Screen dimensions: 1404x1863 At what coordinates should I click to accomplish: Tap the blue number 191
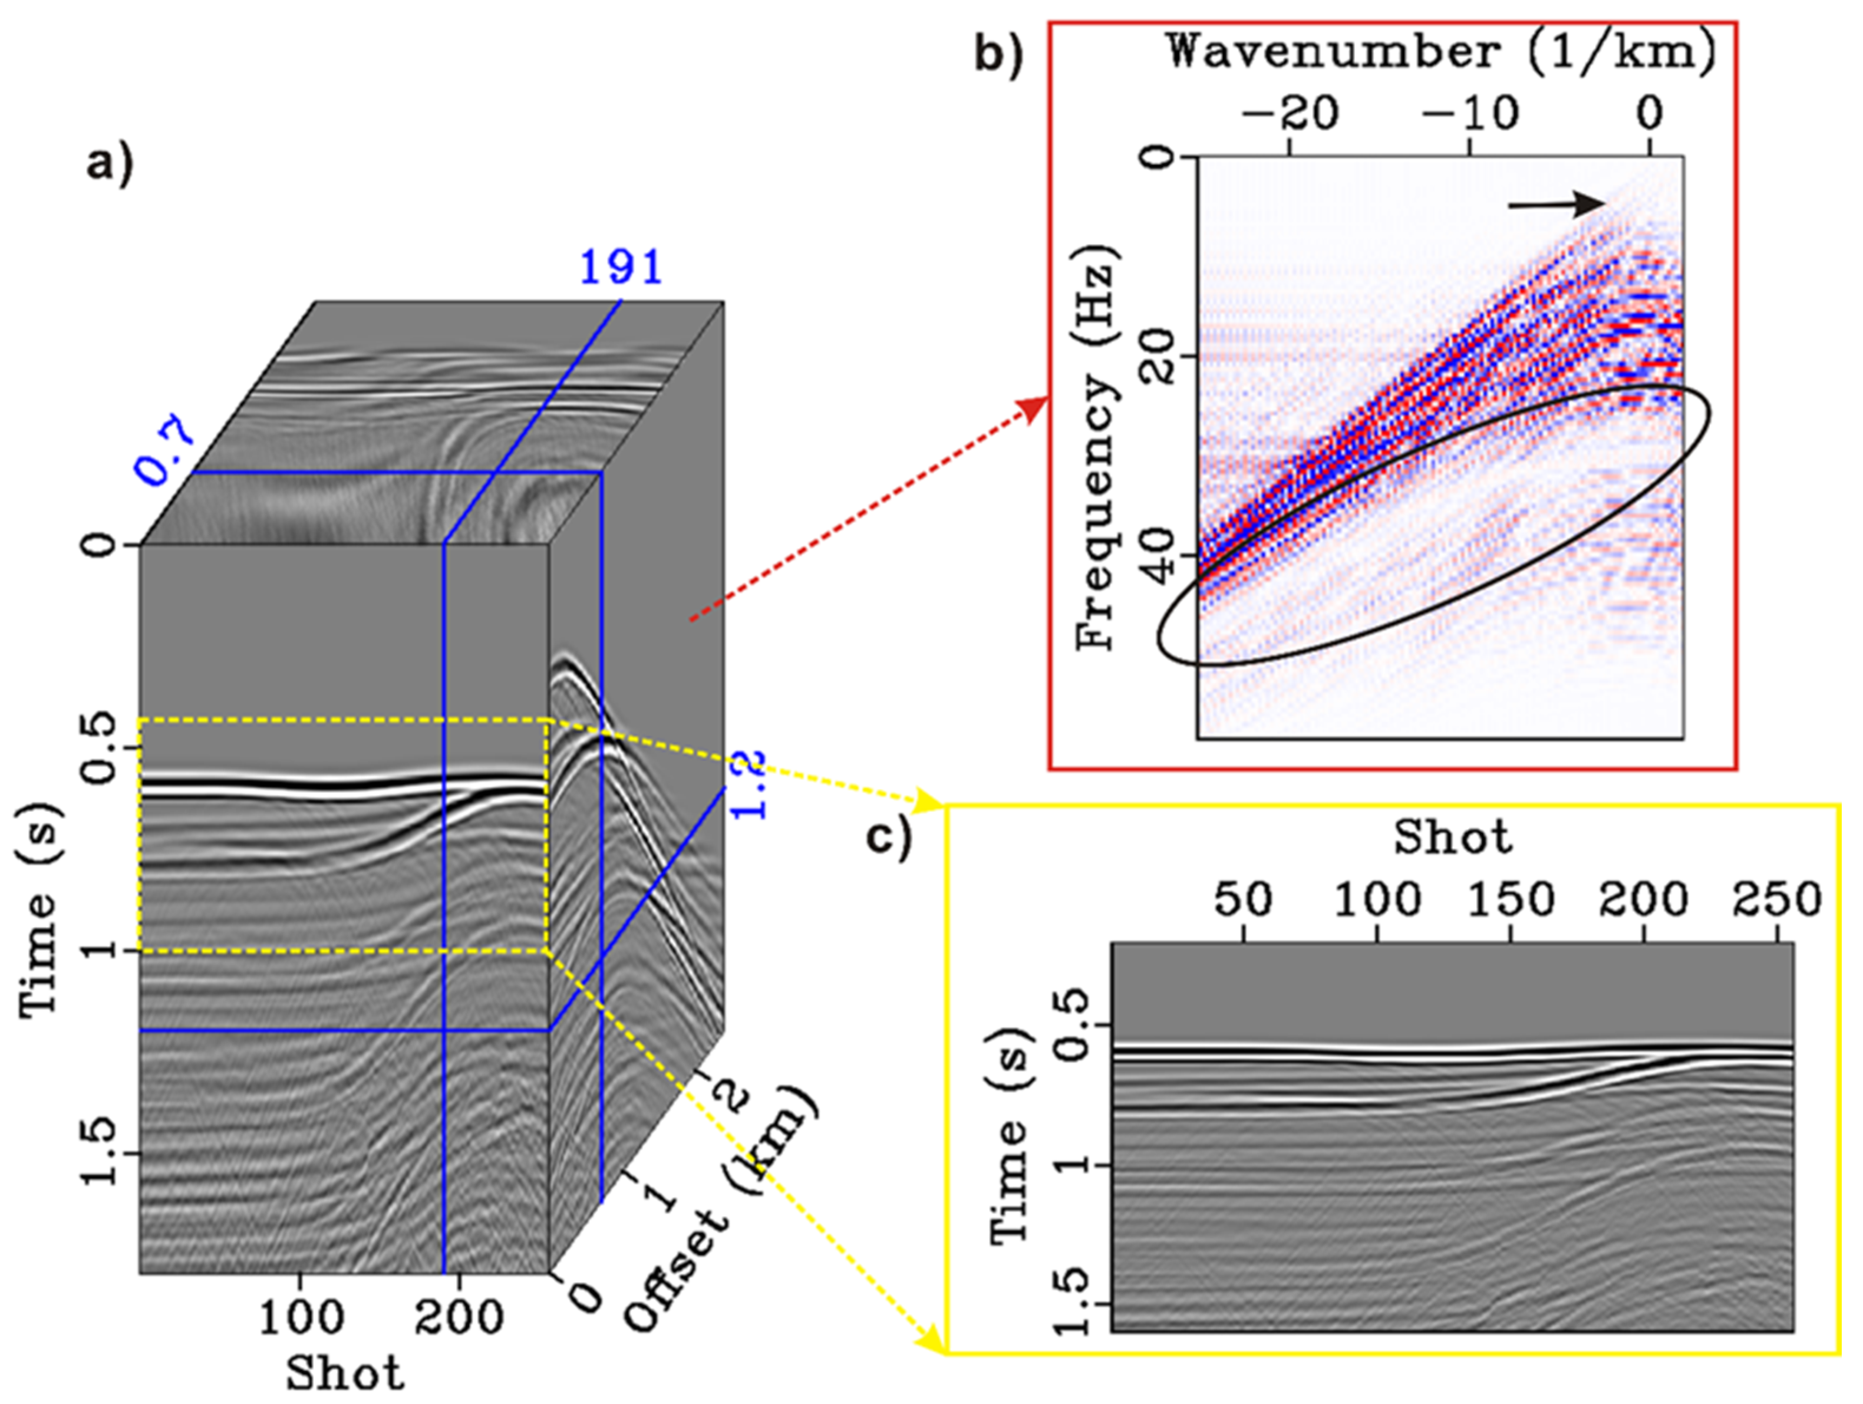[621, 268]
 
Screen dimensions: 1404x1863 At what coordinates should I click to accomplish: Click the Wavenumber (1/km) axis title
[1441, 53]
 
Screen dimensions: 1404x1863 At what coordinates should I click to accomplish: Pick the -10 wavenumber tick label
[1468, 113]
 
